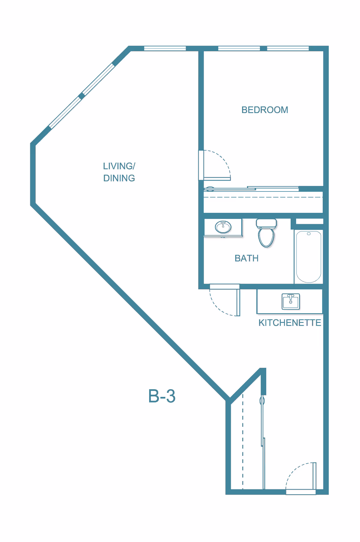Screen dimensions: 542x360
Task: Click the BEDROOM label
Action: tap(265, 110)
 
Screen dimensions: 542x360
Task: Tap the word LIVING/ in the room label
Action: tap(119, 166)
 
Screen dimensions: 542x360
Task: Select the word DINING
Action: tap(119, 178)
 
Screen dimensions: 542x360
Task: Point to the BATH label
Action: tap(247, 258)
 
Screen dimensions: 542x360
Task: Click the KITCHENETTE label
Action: tap(290, 323)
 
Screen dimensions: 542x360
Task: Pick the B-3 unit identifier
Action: tap(162, 396)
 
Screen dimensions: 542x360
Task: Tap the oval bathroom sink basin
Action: tap(223, 227)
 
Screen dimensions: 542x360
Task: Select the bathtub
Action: tap(309, 257)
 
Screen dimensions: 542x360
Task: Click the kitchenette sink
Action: tap(291, 301)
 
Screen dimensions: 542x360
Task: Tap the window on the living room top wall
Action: tap(165, 48)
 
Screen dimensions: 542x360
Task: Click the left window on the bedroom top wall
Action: tap(239, 48)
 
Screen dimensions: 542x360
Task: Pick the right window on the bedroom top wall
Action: tap(288, 48)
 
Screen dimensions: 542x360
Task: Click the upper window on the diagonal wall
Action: tap(98, 79)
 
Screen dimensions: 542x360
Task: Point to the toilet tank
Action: tap(266, 223)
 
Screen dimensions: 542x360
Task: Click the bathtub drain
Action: tap(309, 233)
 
